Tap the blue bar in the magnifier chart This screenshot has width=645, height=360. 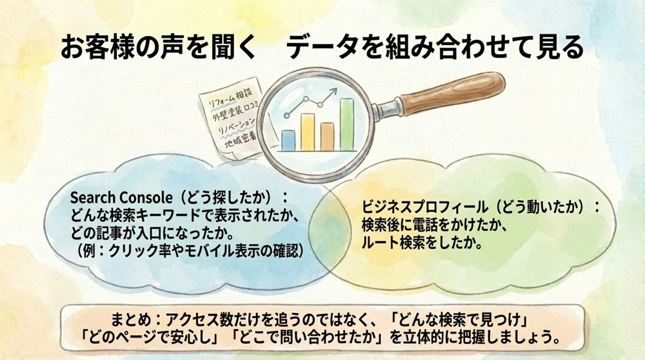[289, 139]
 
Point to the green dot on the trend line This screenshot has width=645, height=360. [316, 102]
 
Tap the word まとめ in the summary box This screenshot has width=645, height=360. [130, 320]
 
